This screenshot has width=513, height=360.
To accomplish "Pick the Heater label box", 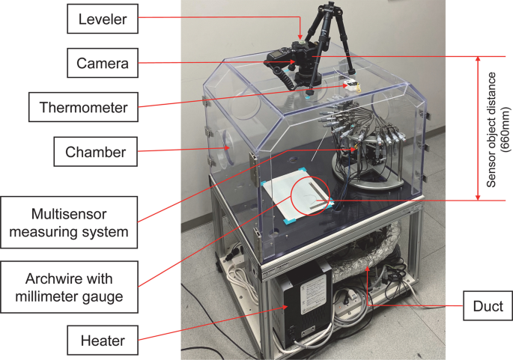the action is click(x=104, y=344).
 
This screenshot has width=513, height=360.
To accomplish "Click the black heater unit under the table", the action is click(x=303, y=308).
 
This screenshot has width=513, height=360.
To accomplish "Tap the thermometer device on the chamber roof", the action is click(x=351, y=85).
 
